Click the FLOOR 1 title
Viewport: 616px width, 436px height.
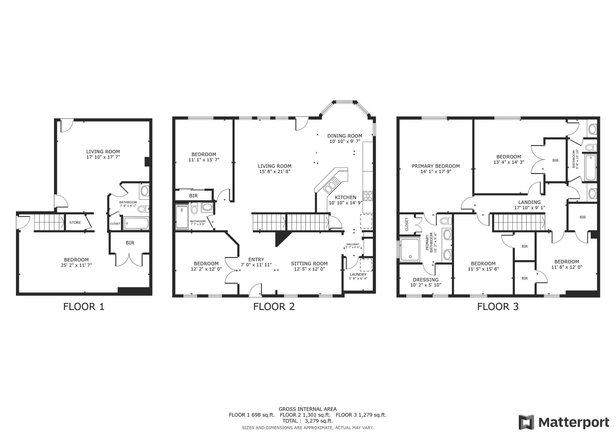click(84, 307)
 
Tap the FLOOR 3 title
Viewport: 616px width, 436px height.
click(498, 307)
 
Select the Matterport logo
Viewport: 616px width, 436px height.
click(564, 422)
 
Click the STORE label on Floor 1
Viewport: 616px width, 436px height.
click(75, 223)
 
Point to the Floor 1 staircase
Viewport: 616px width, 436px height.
click(48, 223)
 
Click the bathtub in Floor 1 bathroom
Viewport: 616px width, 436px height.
click(136, 223)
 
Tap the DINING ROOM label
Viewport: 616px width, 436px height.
click(345, 136)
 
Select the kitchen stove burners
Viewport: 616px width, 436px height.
click(368, 196)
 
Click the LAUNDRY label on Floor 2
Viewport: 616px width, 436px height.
click(358, 274)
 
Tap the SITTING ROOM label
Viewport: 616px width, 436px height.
click(309, 263)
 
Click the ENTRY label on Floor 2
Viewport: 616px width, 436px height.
click(256, 259)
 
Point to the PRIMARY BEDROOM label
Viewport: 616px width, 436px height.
click(436, 166)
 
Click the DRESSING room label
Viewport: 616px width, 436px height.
click(426, 279)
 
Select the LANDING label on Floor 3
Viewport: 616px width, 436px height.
click(529, 202)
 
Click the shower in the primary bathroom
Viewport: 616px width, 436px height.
click(409, 249)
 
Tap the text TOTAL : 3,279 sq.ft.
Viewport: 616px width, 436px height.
click(307, 421)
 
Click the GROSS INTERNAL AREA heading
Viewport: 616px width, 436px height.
click(307, 409)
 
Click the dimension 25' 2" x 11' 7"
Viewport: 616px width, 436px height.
click(76, 265)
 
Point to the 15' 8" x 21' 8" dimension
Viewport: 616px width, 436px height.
click(274, 172)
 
